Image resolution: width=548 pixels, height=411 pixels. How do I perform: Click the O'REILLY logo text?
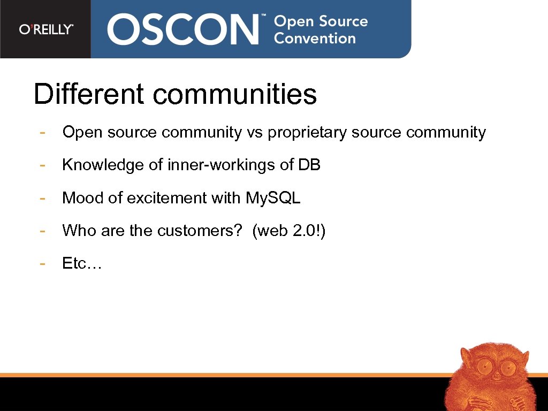point(46,29)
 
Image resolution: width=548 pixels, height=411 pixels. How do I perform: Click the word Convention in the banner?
point(315,39)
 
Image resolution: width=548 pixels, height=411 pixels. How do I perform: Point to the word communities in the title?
point(234,94)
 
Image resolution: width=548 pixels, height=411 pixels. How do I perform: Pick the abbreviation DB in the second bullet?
point(309,165)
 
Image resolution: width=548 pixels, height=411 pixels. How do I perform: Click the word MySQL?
point(273,198)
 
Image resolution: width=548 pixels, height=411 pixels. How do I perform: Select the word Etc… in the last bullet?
point(82,263)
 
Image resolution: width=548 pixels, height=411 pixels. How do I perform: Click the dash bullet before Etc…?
point(42,263)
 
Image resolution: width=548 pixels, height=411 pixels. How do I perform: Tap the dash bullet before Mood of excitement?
point(42,198)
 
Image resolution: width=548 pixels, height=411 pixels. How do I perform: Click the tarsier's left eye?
point(485,367)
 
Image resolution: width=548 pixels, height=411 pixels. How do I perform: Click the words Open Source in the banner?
point(321,22)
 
